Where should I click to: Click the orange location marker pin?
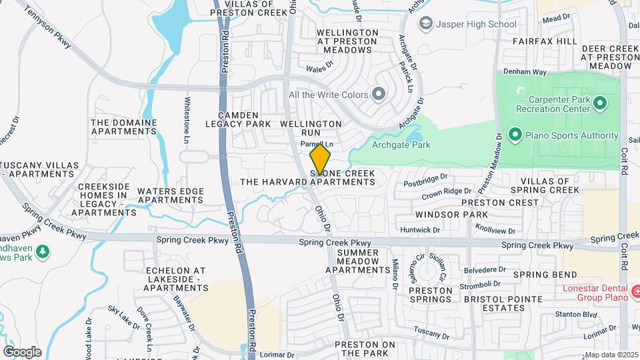[x=320, y=159]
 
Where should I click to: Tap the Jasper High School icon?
[x=425, y=25]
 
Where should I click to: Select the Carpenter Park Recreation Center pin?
[x=599, y=103]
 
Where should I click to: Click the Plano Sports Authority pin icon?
[x=515, y=135]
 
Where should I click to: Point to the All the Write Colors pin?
[x=379, y=95]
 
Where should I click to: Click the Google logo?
[x=22, y=352]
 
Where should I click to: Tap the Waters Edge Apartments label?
[x=170, y=195]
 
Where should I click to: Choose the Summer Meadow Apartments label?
[x=357, y=261]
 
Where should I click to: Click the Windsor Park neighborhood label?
[x=451, y=215]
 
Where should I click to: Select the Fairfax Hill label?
[x=545, y=41]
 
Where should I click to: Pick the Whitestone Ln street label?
[x=187, y=121]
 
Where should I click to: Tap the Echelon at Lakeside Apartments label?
[x=175, y=280]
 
